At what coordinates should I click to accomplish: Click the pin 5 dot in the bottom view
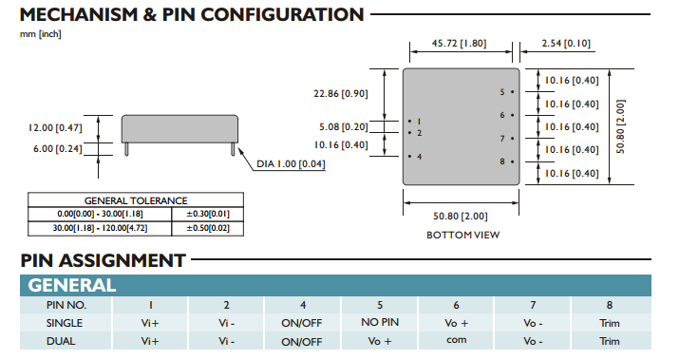point(512,92)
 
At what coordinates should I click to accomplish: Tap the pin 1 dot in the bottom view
point(409,122)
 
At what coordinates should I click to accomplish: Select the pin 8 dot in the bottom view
point(512,161)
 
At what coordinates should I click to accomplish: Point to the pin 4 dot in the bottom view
point(409,157)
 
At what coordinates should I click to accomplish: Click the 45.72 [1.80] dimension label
point(459,44)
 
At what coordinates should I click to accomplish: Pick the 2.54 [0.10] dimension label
point(566,44)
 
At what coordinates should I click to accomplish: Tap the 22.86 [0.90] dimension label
point(341,94)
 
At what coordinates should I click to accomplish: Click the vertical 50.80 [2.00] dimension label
point(620,127)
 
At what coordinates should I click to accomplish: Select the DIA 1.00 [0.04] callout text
point(291,163)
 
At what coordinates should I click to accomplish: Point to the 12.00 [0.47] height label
point(55,128)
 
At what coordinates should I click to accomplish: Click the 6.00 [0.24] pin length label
point(58,148)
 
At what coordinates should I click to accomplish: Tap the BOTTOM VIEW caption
point(462,235)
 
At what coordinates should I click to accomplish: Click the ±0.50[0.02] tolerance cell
point(208,228)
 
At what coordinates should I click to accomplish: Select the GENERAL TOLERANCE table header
point(136,200)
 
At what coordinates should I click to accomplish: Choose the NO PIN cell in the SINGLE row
point(380,322)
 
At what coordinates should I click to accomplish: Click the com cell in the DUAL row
point(457,340)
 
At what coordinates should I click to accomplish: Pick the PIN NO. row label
point(66,305)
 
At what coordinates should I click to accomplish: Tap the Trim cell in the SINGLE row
point(610,323)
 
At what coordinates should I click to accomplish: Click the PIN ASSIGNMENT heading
point(104,260)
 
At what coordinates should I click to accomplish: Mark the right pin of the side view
point(233,148)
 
